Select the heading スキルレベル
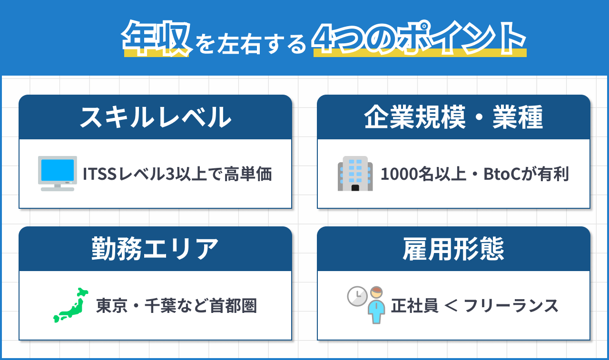pyautogui.click(x=155, y=117)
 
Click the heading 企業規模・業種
pyautogui.click(x=453, y=117)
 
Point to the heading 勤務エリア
pyautogui.click(x=155, y=249)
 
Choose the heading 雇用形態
pyautogui.click(x=453, y=249)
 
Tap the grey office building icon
pyautogui.click(x=355, y=174)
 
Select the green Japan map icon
pyautogui.click(x=71, y=305)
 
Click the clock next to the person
pyautogui.click(x=357, y=296)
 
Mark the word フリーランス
pyautogui.click(x=511, y=306)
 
